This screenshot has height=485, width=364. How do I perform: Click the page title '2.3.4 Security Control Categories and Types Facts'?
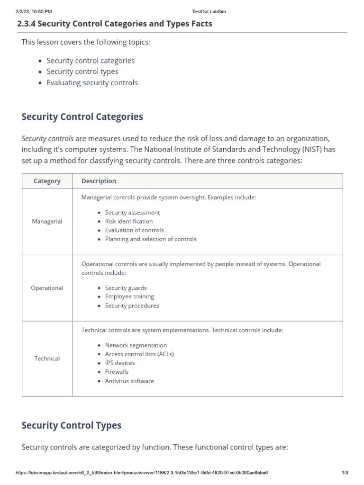pos(114,23)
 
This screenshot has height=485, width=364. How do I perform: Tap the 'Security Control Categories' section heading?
pos(82,117)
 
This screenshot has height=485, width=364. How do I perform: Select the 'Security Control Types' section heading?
pos(71,425)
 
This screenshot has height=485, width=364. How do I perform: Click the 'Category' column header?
pos(47,181)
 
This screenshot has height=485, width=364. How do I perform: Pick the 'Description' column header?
pos(99,181)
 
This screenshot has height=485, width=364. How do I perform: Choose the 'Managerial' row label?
pos(47,221)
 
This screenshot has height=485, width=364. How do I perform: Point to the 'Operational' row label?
pos(47,288)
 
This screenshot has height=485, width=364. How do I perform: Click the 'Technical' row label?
pos(47,359)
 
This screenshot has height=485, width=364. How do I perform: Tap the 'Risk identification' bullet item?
pos(128,221)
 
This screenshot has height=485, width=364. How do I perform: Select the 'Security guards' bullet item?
pos(126,288)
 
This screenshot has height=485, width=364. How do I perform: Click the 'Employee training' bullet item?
pos(129,296)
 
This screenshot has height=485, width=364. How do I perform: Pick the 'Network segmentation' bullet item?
pos(136,345)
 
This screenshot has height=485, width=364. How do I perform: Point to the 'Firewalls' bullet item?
pos(117,372)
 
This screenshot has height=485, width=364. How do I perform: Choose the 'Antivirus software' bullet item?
pos(129,381)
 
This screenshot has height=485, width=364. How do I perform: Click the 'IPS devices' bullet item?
pos(119,363)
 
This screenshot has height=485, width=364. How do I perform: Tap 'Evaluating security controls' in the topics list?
pos(92,82)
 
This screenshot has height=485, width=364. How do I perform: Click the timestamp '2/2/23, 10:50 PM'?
pos(33,11)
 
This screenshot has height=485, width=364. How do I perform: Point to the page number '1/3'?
pos(345,473)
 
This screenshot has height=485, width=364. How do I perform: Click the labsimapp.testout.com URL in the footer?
pos(142,473)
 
